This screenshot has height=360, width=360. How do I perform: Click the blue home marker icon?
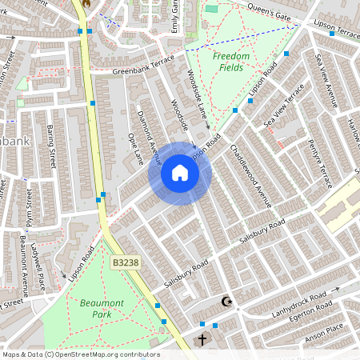(180, 174)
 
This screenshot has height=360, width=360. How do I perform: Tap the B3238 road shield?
(126, 262)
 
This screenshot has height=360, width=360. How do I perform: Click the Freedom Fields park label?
(231, 62)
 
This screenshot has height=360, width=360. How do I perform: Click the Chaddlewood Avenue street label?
(251, 175)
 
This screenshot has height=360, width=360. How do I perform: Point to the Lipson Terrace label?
(337, 33)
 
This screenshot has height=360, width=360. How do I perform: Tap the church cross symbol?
(202, 339)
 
